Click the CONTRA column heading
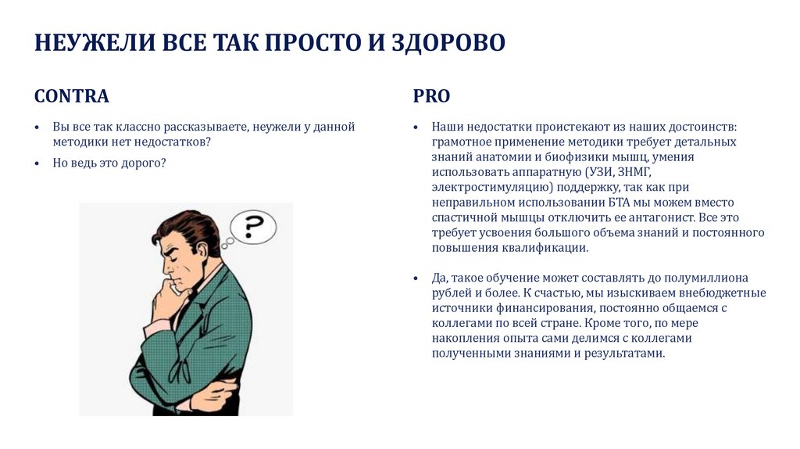(x=71, y=96)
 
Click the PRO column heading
(x=431, y=96)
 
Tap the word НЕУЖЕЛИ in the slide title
(x=95, y=42)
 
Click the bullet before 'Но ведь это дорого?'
(x=37, y=163)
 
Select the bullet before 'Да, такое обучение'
(x=416, y=278)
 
